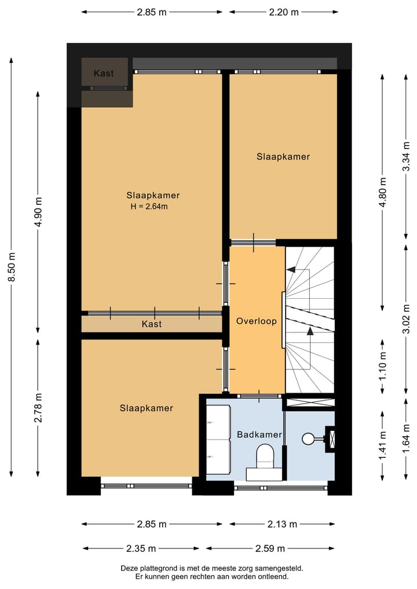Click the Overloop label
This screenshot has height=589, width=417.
point(256,321)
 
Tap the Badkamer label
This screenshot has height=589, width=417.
point(259,434)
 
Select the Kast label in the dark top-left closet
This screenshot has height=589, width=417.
point(104,74)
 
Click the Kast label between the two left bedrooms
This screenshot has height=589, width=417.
point(152,324)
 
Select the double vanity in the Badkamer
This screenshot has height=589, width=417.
point(218,440)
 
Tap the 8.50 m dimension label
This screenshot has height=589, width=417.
point(11,268)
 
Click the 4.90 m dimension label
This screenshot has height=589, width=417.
point(38,212)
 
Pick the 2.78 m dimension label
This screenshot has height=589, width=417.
point(38,408)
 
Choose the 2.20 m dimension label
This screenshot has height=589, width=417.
point(283,12)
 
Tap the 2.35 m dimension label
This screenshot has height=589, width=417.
point(140,548)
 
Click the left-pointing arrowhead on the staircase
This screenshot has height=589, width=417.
point(290,269)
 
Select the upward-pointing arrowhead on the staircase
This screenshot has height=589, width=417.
point(310,331)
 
